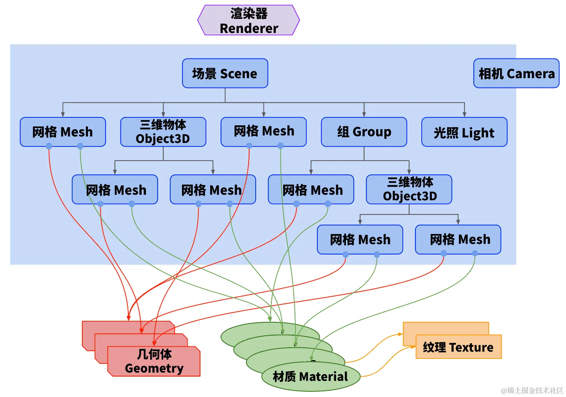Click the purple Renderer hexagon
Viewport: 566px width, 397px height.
coord(248,20)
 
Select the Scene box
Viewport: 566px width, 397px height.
coord(225,73)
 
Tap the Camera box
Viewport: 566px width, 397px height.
coord(516,73)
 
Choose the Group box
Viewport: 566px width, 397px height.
coord(364,132)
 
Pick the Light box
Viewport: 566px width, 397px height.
coord(464,132)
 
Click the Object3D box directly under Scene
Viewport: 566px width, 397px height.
coord(163,132)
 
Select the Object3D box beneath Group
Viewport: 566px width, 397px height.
coord(409,189)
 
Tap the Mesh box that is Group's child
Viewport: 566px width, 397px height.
coord(311,189)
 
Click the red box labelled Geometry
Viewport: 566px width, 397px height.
coord(154,362)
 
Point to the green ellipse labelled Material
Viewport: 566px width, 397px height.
coord(311,377)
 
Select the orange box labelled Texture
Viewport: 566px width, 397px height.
coord(459,347)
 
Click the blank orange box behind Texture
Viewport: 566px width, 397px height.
coord(446,328)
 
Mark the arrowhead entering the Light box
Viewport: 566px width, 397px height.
coord(464,115)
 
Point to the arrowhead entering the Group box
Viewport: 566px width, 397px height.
coord(364,115)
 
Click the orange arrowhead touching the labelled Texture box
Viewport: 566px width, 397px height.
coord(413,347)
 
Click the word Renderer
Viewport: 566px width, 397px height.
coord(249,28)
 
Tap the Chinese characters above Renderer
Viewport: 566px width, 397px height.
coord(249,14)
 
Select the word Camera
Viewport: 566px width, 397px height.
coord(531,74)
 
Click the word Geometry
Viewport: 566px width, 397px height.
coord(154,368)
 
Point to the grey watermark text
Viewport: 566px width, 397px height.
coord(531,390)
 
